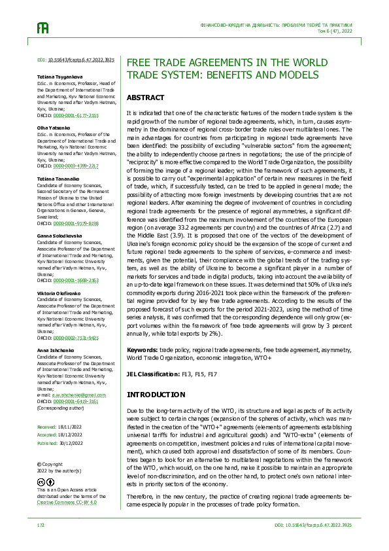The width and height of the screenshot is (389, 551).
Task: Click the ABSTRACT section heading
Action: pyautogui.click(x=144, y=98)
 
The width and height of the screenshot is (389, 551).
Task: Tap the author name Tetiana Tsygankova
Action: pyautogui.click(x=59, y=77)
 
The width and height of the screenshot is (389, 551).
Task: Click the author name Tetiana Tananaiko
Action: pyautogui.click(x=57, y=179)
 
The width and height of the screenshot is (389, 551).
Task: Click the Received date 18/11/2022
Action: pyautogui.click(x=70, y=425)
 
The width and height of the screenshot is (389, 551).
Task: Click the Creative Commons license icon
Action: pyautogui.click(x=47, y=482)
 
